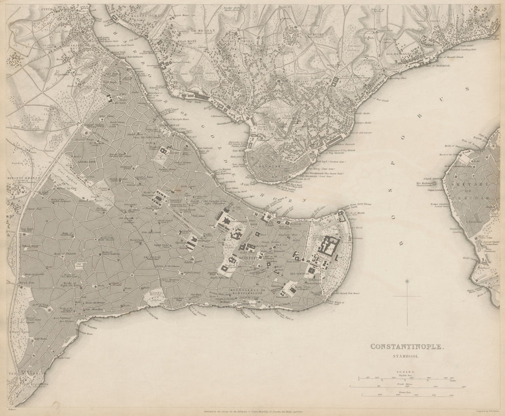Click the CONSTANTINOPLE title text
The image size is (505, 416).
409,347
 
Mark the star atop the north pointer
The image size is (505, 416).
407,281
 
